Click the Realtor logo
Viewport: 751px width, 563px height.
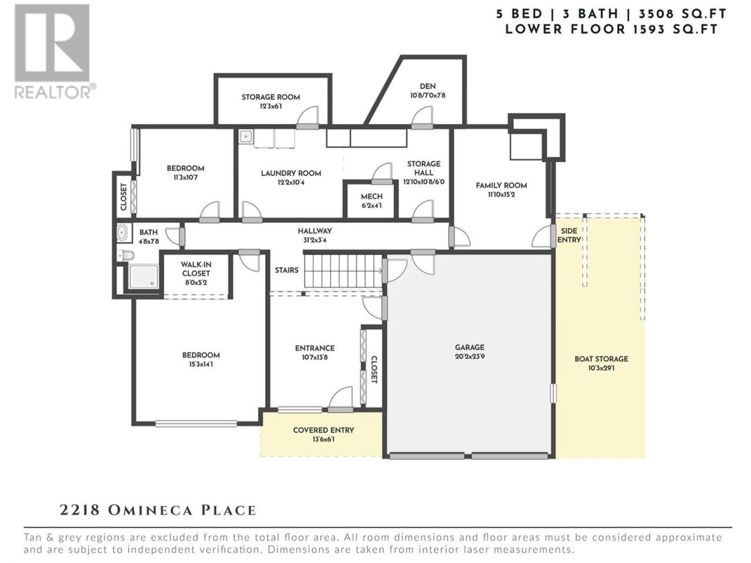click(55, 51)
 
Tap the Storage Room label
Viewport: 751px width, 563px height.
click(270, 97)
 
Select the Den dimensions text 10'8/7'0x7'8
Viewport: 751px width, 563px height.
click(428, 96)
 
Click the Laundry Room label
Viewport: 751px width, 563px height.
click(291, 174)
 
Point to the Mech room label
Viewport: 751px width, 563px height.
click(371, 196)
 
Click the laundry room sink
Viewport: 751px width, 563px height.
click(246, 137)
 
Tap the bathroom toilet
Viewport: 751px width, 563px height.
click(126, 255)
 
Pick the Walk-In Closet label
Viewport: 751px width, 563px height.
click(196, 269)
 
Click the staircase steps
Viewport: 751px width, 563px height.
click(343, 271)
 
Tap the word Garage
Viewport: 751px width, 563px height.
click(469, 347)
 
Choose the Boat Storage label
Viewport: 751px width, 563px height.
click(601, 359)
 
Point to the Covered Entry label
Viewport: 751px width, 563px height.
click(323, 430)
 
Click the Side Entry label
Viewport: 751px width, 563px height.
click(569, 235)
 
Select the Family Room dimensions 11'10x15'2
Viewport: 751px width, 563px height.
click(501, 195)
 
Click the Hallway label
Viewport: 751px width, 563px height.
click(314, 231)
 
